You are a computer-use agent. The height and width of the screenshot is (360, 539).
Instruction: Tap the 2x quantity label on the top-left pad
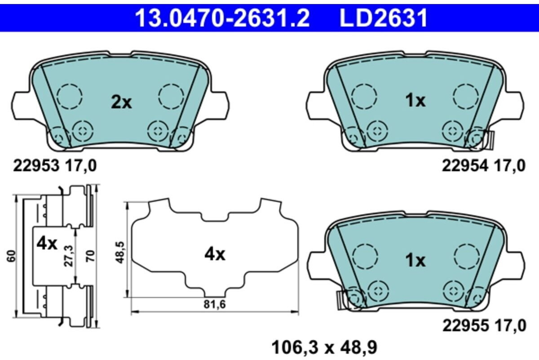121,102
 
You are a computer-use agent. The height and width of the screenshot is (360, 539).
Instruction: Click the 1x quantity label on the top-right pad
415,101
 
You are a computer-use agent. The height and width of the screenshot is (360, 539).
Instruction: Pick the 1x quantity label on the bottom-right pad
415,260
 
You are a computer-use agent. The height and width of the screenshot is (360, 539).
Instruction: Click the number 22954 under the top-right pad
465,166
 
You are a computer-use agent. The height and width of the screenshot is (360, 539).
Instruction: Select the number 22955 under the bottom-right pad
465,325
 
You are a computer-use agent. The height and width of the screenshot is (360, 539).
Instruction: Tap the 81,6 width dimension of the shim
215,304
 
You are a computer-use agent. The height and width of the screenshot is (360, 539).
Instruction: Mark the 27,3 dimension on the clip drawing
68,256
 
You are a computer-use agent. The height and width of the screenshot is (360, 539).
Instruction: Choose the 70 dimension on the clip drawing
89,256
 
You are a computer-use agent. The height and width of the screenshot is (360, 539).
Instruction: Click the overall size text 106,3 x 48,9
324,347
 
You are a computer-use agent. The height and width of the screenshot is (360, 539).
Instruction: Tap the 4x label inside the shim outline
214,255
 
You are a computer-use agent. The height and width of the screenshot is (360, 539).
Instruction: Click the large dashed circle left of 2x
70,95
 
